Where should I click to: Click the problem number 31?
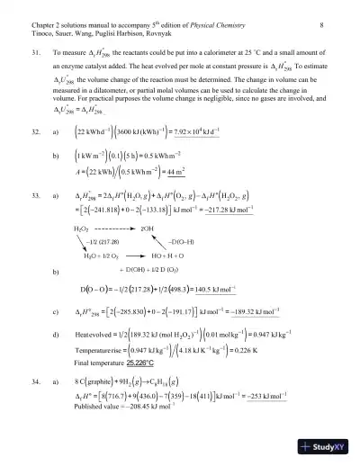[34, 54]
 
